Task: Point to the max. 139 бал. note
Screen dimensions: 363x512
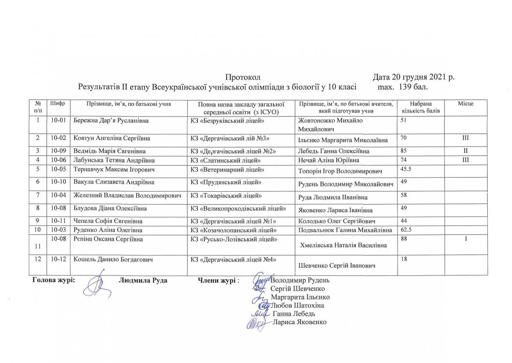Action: tap(403, 87)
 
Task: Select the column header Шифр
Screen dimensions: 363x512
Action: tap(58, 104)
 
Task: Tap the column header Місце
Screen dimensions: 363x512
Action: tap(465, 104)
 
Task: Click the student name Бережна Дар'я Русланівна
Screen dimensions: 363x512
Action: tap(111, 121)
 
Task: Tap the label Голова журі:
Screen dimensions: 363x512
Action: tap(54, 280)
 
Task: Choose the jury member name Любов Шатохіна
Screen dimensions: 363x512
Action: tap(297, 305)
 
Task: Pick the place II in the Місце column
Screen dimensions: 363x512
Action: tap(466, 151)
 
